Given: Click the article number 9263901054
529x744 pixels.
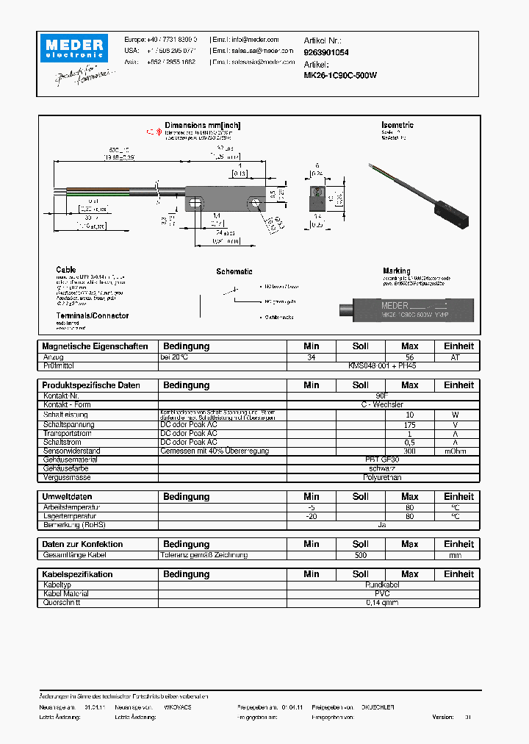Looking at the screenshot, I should click(x=326, y=53).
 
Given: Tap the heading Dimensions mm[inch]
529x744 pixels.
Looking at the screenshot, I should click(x=201, y=125).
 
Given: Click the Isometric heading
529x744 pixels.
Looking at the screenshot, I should click(x=397, y=125).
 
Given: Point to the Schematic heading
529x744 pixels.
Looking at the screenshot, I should click(x=234, y=271).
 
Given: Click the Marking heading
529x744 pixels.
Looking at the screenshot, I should click(x=397, y=271).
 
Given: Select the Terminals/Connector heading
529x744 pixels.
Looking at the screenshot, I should click(x=92, y=316).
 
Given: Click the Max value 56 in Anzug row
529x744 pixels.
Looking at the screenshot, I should click(x=409, y=357).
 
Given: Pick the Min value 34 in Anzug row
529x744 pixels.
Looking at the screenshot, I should click(x=311, y=357).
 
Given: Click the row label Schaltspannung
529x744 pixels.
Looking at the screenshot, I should click(x=68, y=425).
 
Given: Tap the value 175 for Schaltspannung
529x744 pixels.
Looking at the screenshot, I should click(x=409, y=425).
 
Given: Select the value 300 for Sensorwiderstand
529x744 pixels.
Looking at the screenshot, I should click(x=409, y=451).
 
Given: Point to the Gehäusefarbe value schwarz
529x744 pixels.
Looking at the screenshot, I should click(x=382, y=468).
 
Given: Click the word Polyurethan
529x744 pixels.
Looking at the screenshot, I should click(x=382, y=477).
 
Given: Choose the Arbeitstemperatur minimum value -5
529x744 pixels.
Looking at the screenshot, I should click(x=311, y=507).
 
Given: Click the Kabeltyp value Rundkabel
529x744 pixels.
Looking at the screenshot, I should click(x=382, y=585).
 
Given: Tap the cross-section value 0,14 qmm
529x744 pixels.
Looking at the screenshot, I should click(x=382, y=603).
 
